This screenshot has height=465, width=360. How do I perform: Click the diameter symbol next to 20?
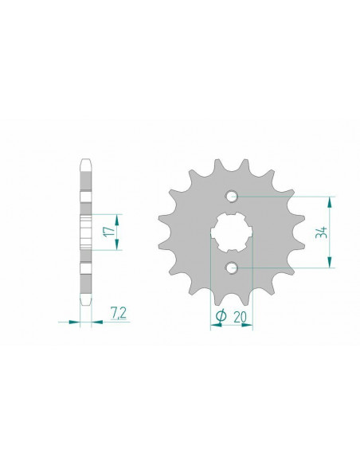[220, 316]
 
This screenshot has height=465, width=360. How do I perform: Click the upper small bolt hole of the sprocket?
[231, 196]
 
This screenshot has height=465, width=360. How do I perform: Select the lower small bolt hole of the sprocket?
[231, 268]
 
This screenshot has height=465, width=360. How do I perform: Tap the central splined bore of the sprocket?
[231, 232]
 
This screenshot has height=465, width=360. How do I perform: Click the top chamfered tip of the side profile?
[86, 163]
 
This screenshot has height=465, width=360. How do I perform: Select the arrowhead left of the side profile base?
[76, 322]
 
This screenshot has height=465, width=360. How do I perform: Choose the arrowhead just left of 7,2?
[97, 322]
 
